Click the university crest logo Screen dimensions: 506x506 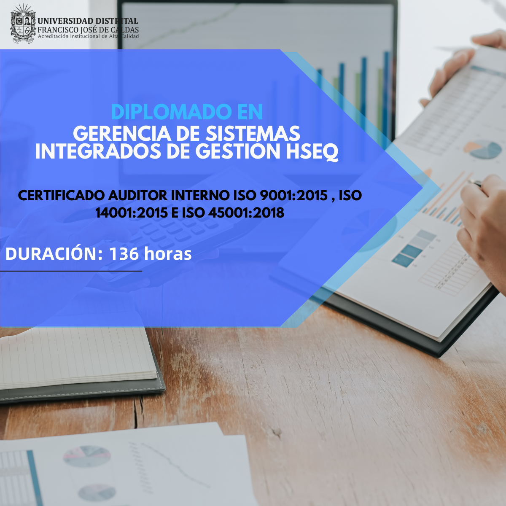[x=23, y=24]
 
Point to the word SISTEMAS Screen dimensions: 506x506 [x=253, y=134]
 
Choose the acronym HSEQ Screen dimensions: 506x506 [x=312, y=152]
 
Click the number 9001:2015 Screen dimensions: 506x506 [x=294, y=195]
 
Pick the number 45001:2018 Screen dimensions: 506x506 [x=246, y=213]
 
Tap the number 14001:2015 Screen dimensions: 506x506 [x=131, y=213]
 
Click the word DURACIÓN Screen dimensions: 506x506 [x=54, y=253]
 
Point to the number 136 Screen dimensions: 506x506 [x=124, y=254]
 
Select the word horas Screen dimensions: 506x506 [x=168, y=254]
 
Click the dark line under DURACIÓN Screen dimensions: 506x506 [x=71, y=271]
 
